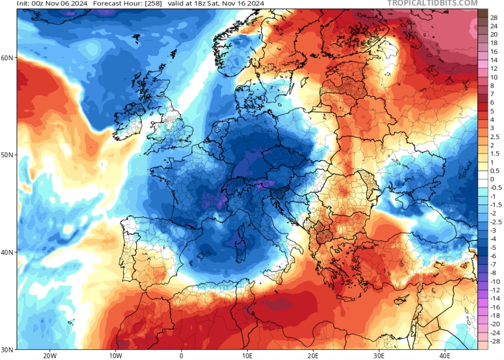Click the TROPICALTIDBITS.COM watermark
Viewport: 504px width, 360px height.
click(432, 4)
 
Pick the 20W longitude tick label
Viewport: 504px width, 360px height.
click(49, 355)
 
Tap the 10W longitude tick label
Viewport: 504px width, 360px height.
click(115, 355)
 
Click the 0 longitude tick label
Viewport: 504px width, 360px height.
click(181, 355)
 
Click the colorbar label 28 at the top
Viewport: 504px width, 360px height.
click(494, 18)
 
